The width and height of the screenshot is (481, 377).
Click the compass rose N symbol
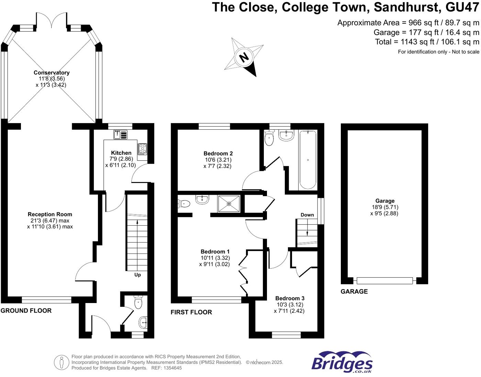pos(244,57)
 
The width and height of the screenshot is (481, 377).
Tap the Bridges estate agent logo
pos(342,362)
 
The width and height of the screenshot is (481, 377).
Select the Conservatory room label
pos(52,73)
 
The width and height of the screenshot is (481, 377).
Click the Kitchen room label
pos(121,153)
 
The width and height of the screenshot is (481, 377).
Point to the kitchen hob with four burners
pos(142,149)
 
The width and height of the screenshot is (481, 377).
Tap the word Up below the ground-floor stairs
pos(137,275)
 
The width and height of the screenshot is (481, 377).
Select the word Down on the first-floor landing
pos(307,215)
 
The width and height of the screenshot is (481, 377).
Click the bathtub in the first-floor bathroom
pos(307,160)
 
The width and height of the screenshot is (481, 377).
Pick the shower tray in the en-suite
pos(229,204)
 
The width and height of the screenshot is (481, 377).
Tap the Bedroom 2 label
pos(218,153)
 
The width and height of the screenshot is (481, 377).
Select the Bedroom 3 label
pos(290,298)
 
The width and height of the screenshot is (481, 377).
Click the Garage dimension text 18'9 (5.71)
pos(385,207)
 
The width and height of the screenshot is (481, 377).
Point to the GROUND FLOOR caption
pos(26,311)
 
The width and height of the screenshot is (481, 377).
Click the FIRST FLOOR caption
pos(191,312)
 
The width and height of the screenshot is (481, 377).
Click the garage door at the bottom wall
pos(384,281)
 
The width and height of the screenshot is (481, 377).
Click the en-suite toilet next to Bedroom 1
pos(184,204)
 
